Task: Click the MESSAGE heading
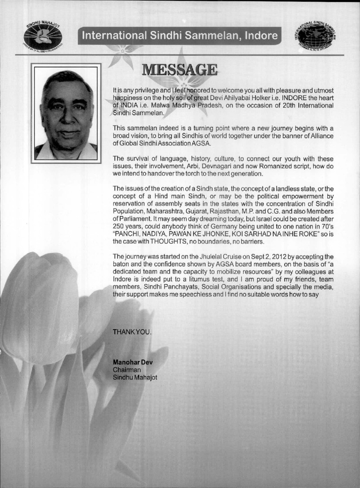point(180,70)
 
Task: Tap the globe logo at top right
point(317,35)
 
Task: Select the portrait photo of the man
point(66,112)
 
